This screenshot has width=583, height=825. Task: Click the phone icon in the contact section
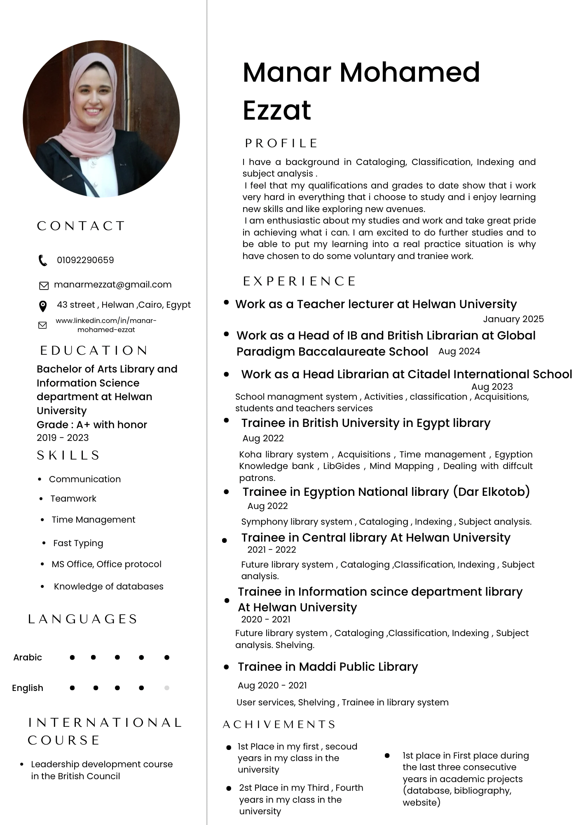(43, 260)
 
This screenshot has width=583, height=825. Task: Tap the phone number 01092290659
(85, 260)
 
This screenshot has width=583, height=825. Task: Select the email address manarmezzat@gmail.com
(112, 285)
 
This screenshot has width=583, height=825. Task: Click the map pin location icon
(42, 306)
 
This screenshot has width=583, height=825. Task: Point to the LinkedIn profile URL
(106, 325)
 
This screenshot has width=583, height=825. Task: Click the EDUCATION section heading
(94, 351)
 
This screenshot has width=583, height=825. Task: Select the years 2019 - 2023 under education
(63, 438)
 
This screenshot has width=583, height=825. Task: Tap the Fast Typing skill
(78, 543)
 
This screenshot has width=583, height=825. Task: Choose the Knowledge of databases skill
(108, 587)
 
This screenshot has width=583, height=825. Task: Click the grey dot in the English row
(167, 688)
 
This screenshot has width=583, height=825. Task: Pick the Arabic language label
(28, 658)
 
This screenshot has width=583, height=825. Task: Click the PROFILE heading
(281, 144)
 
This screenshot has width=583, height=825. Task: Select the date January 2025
(513, 319)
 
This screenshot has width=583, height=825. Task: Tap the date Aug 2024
(459, 351)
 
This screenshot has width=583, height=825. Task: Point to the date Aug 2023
(492, 387)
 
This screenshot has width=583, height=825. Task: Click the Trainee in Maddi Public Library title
(328, 667)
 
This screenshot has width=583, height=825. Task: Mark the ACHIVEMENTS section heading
(279, 725)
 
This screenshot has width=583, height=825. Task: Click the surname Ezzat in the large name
(277, 110)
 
